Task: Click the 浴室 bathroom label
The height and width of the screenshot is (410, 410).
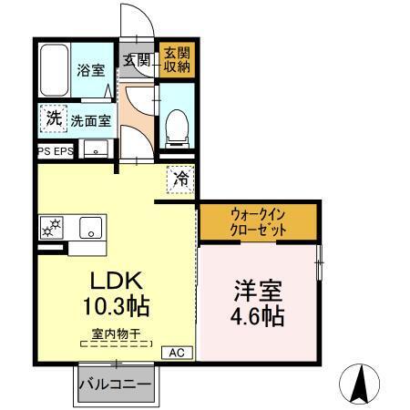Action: [x=89, y=70]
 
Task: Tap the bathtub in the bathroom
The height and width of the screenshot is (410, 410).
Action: [x=55, y=71]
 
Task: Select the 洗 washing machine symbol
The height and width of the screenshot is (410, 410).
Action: [x=54, y=118]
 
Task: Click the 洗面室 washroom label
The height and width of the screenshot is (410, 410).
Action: [x=91, y=119]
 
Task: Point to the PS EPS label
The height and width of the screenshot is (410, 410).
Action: [x=56, y=151]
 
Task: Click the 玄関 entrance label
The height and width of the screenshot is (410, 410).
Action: [x=138, y=61]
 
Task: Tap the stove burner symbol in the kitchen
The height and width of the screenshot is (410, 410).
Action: [x=50, y=227]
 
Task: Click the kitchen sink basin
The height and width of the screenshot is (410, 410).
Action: [x=90, y=227]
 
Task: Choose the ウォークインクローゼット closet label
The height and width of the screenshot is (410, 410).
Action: [x=258, y=223]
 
